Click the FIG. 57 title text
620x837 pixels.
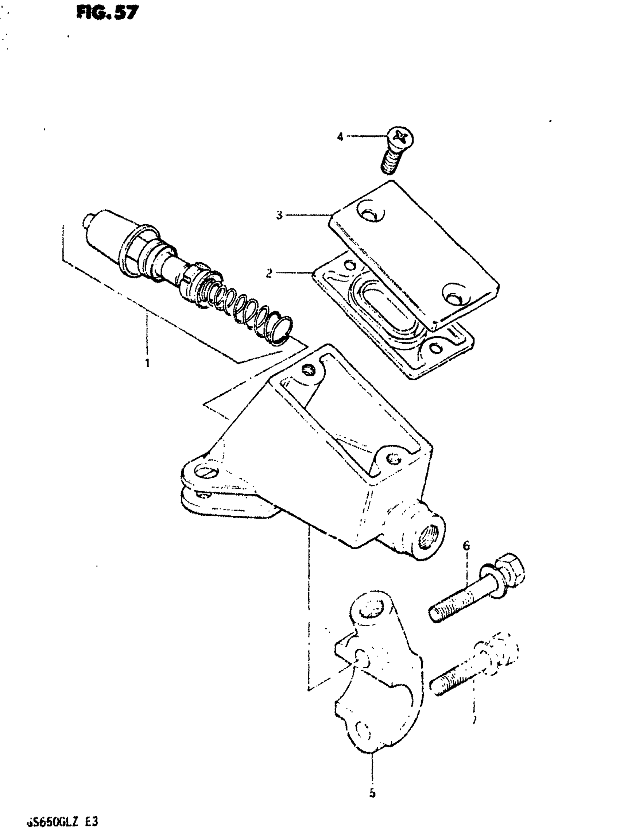pos(107,13)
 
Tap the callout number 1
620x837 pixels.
pos(147,363)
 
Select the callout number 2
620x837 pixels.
pos(269,274)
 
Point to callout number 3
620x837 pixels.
pos(279,216)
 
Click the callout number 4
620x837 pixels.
pos(340,137)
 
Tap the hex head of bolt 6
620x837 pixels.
pos(508,575)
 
